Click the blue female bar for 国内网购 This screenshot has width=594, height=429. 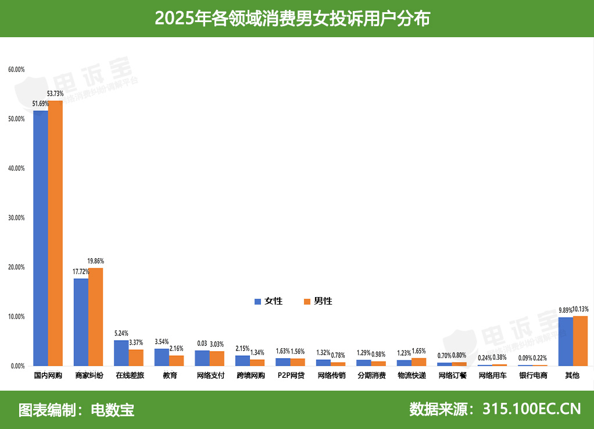click(x=40, y=238)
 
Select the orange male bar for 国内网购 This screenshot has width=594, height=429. click(x=55, y=233)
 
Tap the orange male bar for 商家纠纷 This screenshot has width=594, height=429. click(x=95, y=317)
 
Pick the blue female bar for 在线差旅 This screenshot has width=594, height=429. click(x=121, y=353)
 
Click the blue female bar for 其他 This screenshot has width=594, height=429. click(x=565, y=342)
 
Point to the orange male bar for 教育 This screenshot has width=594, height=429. click(x=176, y=360)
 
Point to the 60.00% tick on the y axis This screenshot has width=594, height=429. click(x=16, y=70)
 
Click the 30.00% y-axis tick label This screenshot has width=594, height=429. click(x=16, y=218)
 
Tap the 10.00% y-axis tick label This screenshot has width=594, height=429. click(x=16, y=317)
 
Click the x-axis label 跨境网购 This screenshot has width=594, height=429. click(x=250, y=376)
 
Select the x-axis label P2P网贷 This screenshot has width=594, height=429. click(x=290, y=376)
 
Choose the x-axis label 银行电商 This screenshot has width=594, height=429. click(x=533, y=376)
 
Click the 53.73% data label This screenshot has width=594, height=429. click(x=55, y=94)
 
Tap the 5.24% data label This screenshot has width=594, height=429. click(x=121, y=333)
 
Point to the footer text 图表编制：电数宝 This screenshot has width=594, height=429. click(x=76, y=409)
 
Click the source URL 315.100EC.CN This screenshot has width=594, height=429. click(x=531, y=409)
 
